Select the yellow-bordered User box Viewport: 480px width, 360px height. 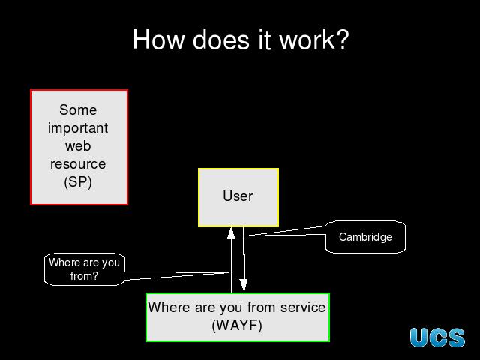tap(238, 197)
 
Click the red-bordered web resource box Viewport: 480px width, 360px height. tap(79, 147)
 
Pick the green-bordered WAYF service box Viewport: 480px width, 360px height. tap(237, 316)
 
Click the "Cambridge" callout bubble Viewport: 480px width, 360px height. tap(365, 237)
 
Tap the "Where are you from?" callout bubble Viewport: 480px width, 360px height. tap(84, 269)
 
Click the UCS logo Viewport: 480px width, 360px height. tap(437, 337)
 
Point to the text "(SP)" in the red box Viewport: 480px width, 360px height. tap(78, 182)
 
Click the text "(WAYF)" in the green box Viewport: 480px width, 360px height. tap(237, 325)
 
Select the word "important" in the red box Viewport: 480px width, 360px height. tap(78, 128)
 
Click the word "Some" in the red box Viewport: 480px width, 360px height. tap(78, 110)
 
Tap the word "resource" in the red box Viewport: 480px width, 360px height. tap(78, 164)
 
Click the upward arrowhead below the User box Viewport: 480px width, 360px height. tap(232, 232)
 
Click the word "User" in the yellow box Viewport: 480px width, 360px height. tap(238, 196)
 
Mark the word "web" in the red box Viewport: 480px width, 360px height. tap(78, 146)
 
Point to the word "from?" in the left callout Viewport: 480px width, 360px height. tap(84, 276)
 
